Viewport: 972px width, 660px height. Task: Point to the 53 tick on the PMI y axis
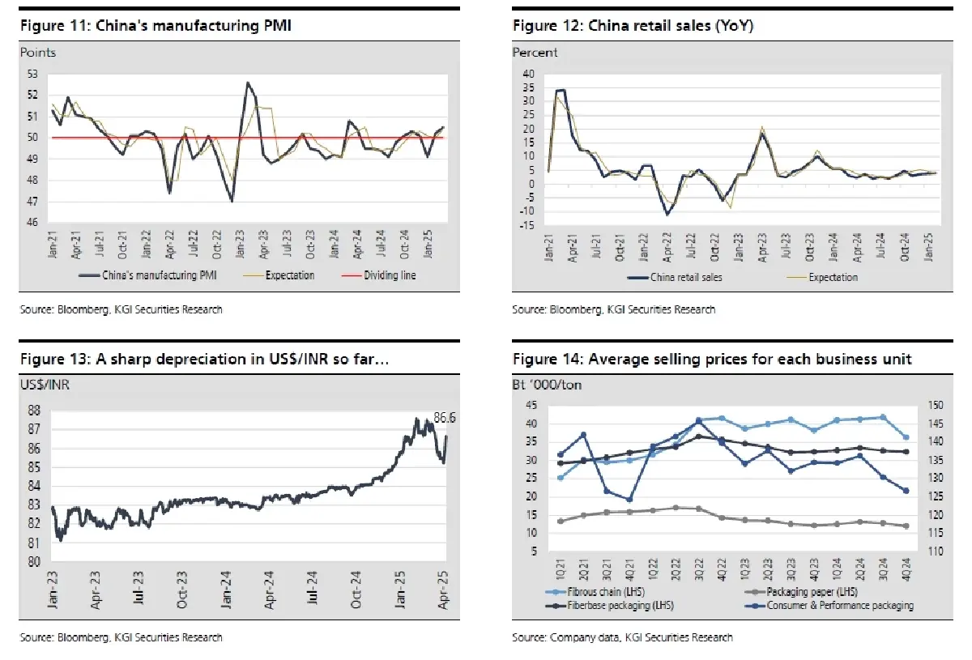coord(32,74)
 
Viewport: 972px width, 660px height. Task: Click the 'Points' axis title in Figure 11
coord(38,53)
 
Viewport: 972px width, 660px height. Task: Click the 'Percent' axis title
coord(535,53)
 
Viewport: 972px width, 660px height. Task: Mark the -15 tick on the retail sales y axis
coord(526,224)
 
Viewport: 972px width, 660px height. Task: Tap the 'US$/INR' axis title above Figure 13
coord(45,384)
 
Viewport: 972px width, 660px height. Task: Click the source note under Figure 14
coord(622,637)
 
